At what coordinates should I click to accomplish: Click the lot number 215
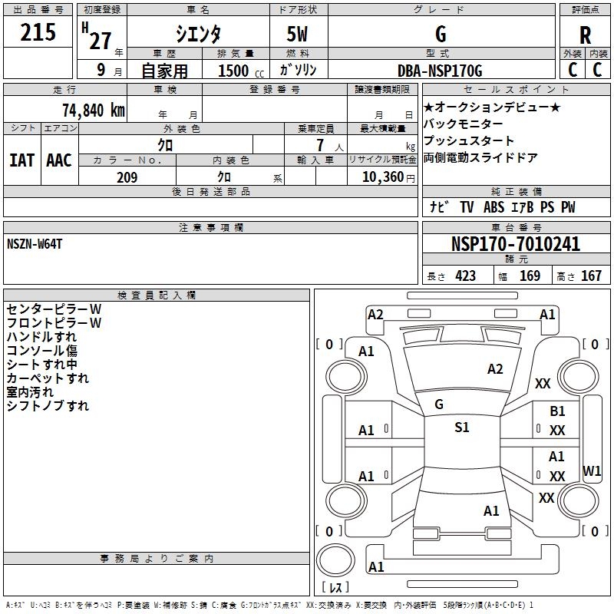coord(38,33)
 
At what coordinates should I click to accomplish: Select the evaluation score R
coord(585,35)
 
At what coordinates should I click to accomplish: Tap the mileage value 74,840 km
coord(92,111)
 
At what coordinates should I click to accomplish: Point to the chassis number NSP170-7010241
coord(515,245)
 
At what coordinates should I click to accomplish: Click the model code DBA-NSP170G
coord(440,71)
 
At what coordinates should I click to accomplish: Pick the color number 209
coord(127,177)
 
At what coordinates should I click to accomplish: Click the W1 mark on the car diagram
coord(592,470)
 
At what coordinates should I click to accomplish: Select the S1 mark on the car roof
coord(461,427)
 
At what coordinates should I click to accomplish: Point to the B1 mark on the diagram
coord(557,411)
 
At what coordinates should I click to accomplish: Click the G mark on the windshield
coord(439,404)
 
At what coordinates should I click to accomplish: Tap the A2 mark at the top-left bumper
coord(375,314)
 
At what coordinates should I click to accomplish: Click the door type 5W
coord(299,35)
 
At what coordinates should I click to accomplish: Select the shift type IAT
coord(21,160)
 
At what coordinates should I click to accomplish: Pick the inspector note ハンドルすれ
coord(41,337)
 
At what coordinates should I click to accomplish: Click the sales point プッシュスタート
coord(469,141)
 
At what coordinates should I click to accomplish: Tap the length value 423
coord(466,276)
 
